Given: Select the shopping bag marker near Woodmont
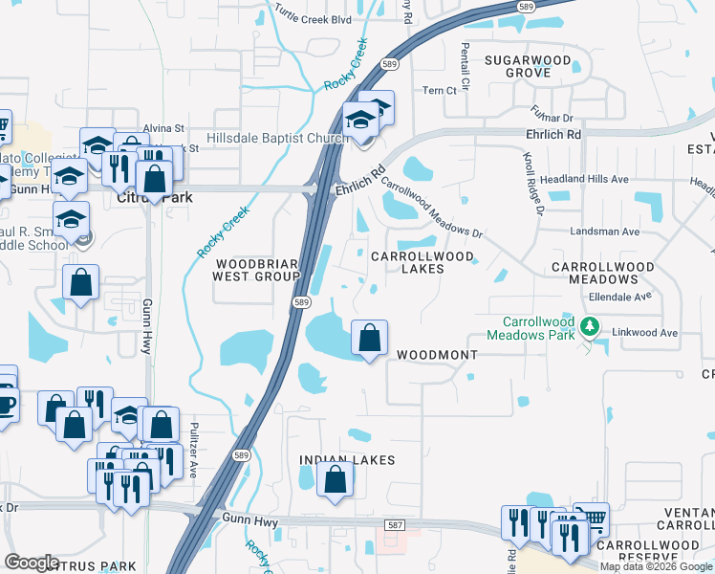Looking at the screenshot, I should [369, 338].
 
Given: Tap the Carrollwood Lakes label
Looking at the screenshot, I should [421, 263].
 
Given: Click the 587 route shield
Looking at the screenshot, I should [396, 525].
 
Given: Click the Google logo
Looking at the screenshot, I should [32, 563].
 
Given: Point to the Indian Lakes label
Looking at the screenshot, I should [347, 460].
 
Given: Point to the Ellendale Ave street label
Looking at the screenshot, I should [619, 297].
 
